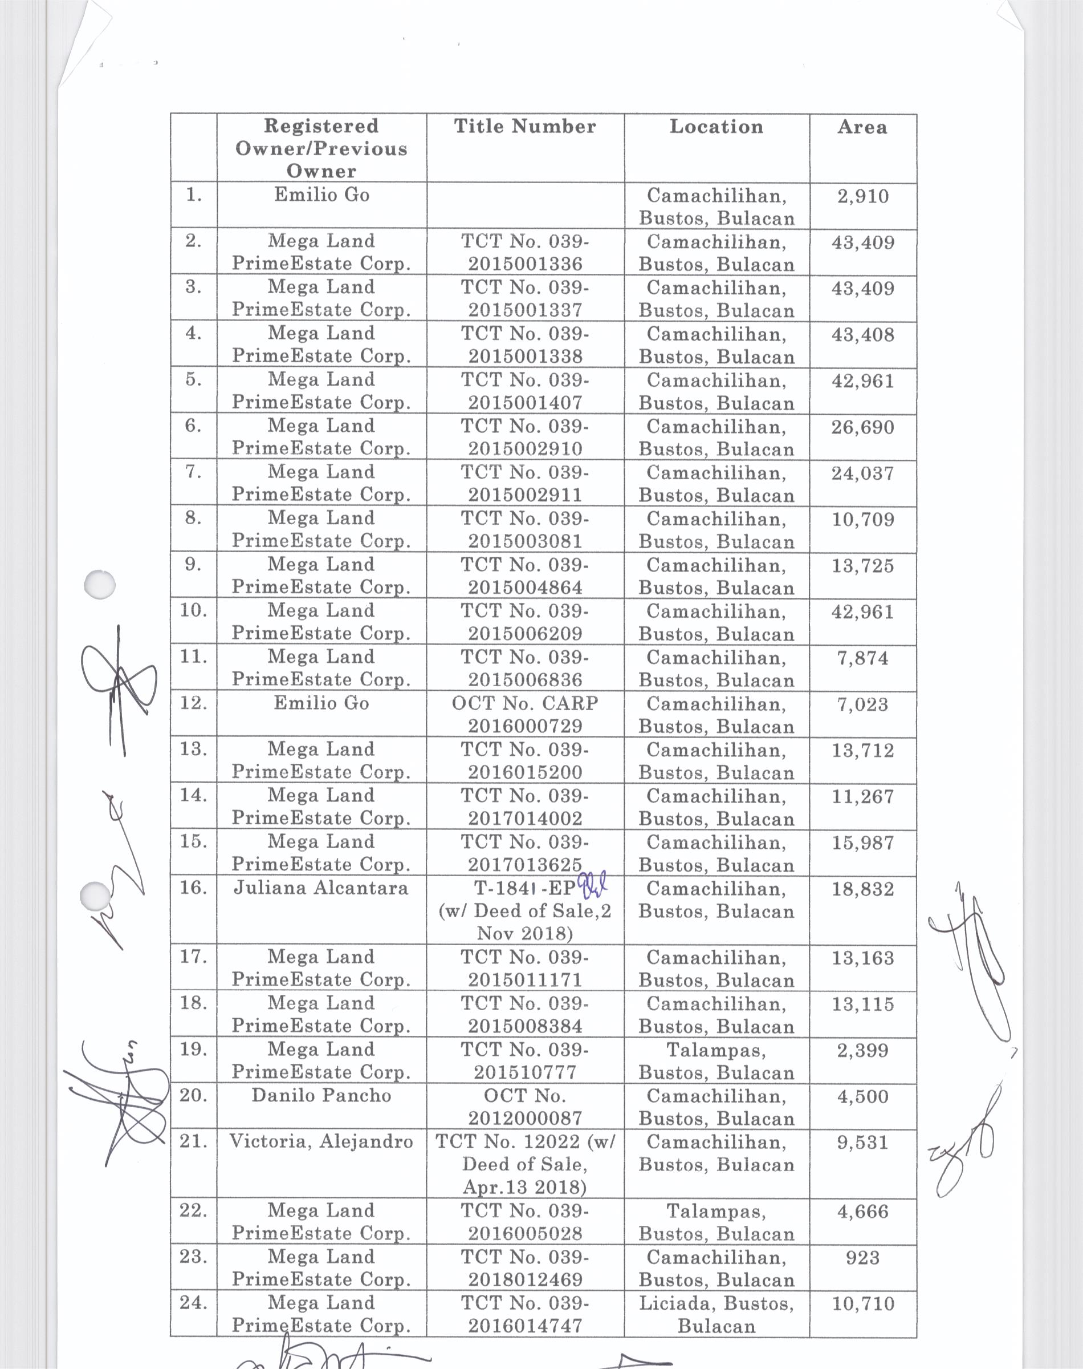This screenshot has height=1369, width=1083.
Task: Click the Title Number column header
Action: (x=525, y=127)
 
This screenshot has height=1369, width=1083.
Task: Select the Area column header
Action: (x=862, y=128)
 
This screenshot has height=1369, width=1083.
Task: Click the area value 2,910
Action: (x=863, y=197)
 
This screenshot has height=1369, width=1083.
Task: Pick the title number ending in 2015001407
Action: (x=525, y=391)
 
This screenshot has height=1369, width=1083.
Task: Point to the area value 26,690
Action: (x=863, y=428)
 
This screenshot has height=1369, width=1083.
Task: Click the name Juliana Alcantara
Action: (x=321, y=888)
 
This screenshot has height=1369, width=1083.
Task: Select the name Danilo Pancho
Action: (x=321, y=1096)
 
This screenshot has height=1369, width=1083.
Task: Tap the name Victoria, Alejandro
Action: (x=321, y=1142)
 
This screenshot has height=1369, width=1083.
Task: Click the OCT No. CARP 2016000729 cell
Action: (x=525, y=714)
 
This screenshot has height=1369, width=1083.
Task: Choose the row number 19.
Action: (x=193, y=1049)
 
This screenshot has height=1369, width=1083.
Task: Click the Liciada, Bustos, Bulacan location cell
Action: (x=716, y=1314)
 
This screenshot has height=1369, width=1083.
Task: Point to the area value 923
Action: (x=863, y=1257)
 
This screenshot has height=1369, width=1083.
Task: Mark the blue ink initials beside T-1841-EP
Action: (x=593, y=883)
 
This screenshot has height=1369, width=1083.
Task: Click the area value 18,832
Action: (x=863, y=889)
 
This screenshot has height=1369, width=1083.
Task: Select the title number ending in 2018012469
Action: (x=525, y=1268)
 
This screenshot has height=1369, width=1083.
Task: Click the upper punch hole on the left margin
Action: (x=100, y=584)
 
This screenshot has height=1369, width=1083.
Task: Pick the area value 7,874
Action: (x=863, y=658)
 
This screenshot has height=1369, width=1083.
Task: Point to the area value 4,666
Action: (x=863, y=1212)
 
